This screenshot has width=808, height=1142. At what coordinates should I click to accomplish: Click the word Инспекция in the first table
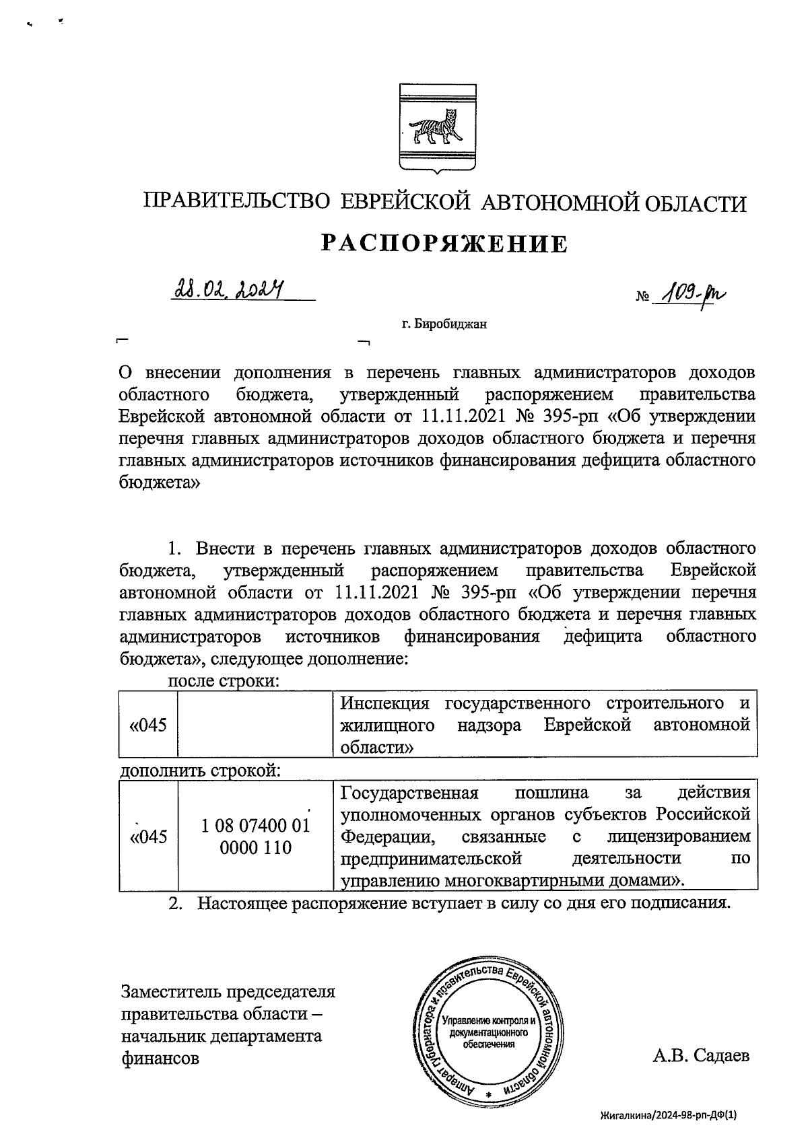coord(384,704)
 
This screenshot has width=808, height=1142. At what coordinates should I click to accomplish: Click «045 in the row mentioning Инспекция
coord(147,725)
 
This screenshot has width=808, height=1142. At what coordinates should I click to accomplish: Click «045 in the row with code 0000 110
coord(147,836)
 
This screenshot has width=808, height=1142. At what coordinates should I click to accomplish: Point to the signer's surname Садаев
coord(720,1055)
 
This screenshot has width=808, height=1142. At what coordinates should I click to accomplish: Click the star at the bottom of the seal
coord(489,1095)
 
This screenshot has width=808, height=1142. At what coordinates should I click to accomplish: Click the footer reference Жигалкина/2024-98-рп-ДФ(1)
coord(673,1115)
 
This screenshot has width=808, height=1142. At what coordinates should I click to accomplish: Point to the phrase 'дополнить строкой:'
coord(200,769)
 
